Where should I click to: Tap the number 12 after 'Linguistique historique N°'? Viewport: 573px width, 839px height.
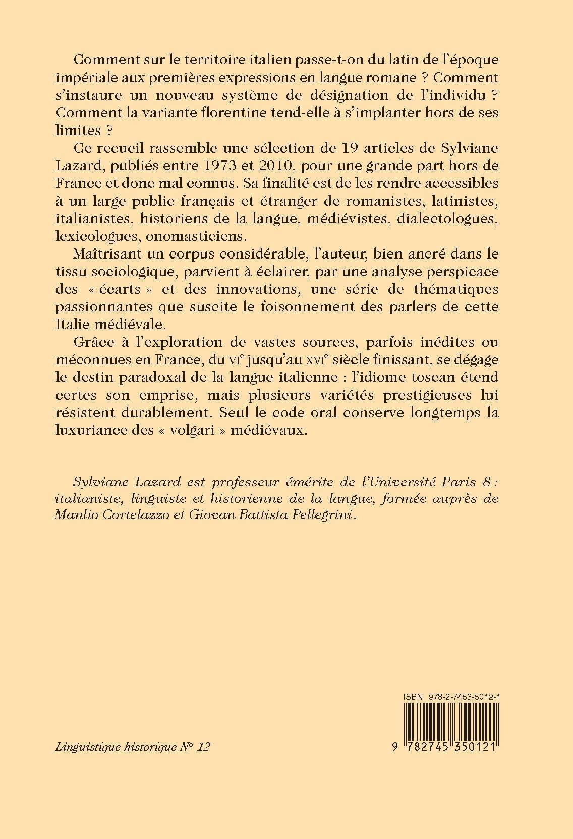coord(204,746)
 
